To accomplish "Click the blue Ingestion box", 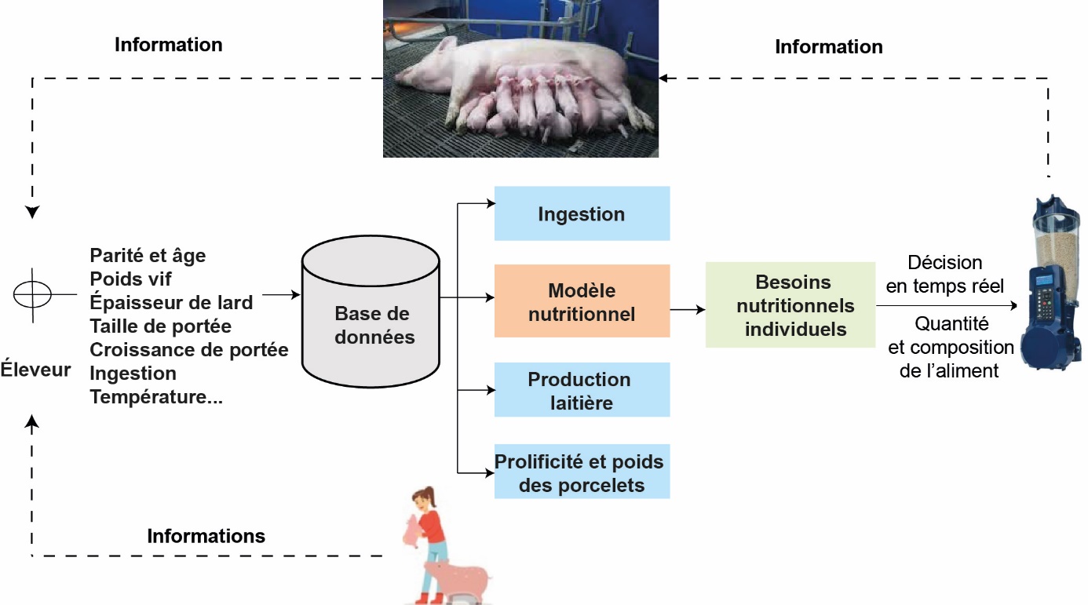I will coord(582,213).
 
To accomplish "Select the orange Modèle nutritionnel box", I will coord(582,301).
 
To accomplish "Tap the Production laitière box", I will coord(582,390).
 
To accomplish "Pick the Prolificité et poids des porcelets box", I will coord(582,472).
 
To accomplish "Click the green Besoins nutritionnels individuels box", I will coord(790,305).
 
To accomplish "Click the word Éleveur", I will coord(35,369).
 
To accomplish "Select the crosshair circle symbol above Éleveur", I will coord(33,293).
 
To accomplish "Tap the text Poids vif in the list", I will coord(130,279).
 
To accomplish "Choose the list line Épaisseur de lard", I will coord(171,302).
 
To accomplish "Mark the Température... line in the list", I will coord(156,397).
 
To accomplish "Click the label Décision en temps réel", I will coord(944,274).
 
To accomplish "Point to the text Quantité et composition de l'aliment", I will coord(950,346).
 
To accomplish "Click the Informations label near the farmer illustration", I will coord(206,536).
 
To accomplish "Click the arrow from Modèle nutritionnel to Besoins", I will coord(688,310).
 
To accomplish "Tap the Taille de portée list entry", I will coord(160,326).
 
